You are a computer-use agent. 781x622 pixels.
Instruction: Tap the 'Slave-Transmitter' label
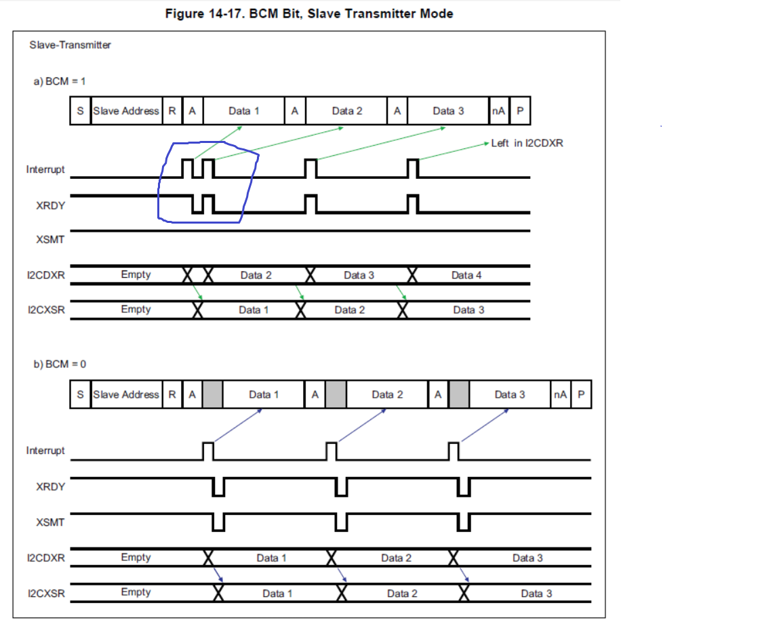[71, 45]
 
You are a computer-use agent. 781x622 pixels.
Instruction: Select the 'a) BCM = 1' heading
[60, 81]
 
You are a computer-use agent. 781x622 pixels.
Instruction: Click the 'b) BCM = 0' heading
[60, 364]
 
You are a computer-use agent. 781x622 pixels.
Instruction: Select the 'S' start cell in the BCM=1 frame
[80, 111]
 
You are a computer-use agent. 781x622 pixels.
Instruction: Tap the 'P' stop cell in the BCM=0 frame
[581, 394]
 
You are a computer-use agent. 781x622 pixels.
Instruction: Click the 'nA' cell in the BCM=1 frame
[498, 111]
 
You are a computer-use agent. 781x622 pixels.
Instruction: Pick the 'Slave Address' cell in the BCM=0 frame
[126, 394]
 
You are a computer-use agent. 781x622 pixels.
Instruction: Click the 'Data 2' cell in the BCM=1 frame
[347, 111]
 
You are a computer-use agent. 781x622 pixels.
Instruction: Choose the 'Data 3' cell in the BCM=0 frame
[509, 394]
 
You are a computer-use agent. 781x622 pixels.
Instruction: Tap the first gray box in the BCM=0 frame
[212, 394]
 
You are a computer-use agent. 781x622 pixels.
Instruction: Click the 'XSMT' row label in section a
[51, 239]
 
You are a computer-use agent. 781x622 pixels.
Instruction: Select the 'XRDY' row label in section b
[51, 486]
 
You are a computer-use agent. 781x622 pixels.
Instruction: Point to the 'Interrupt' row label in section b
[45, 451]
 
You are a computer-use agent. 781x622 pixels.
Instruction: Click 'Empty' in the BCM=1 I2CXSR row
[136, 310]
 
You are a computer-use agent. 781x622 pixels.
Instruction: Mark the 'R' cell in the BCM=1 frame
[172, 111]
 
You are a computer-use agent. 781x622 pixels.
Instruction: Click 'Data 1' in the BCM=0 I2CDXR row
[271, 558]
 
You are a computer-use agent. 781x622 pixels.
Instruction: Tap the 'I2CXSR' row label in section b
[46, 593]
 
